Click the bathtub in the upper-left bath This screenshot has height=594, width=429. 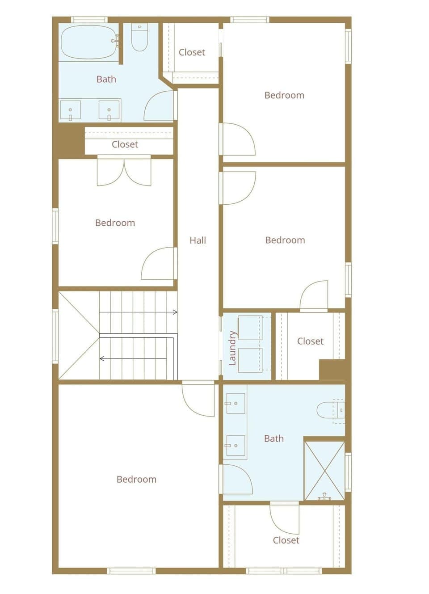[88, 42]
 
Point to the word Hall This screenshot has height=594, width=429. [198, 240]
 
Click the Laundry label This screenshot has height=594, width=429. [232, 348]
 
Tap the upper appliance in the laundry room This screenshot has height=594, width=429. [250, 327]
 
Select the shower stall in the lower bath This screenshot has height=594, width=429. [324, 471]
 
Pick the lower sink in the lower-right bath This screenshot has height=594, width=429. [235, 446]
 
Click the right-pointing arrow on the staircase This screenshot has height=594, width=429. [175, 312]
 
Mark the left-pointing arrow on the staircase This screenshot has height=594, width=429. [102, 358]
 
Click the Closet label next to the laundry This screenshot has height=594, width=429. [310, 341]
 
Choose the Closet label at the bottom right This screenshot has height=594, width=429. [286, 540]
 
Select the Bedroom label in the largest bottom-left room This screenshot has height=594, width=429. [136, 480]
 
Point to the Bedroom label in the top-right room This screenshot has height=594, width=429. [284, 95]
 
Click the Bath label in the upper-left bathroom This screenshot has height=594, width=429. [106, 80]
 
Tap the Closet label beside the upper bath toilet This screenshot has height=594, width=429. [192, 52]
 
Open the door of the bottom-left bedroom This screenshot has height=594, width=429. [197, 399]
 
